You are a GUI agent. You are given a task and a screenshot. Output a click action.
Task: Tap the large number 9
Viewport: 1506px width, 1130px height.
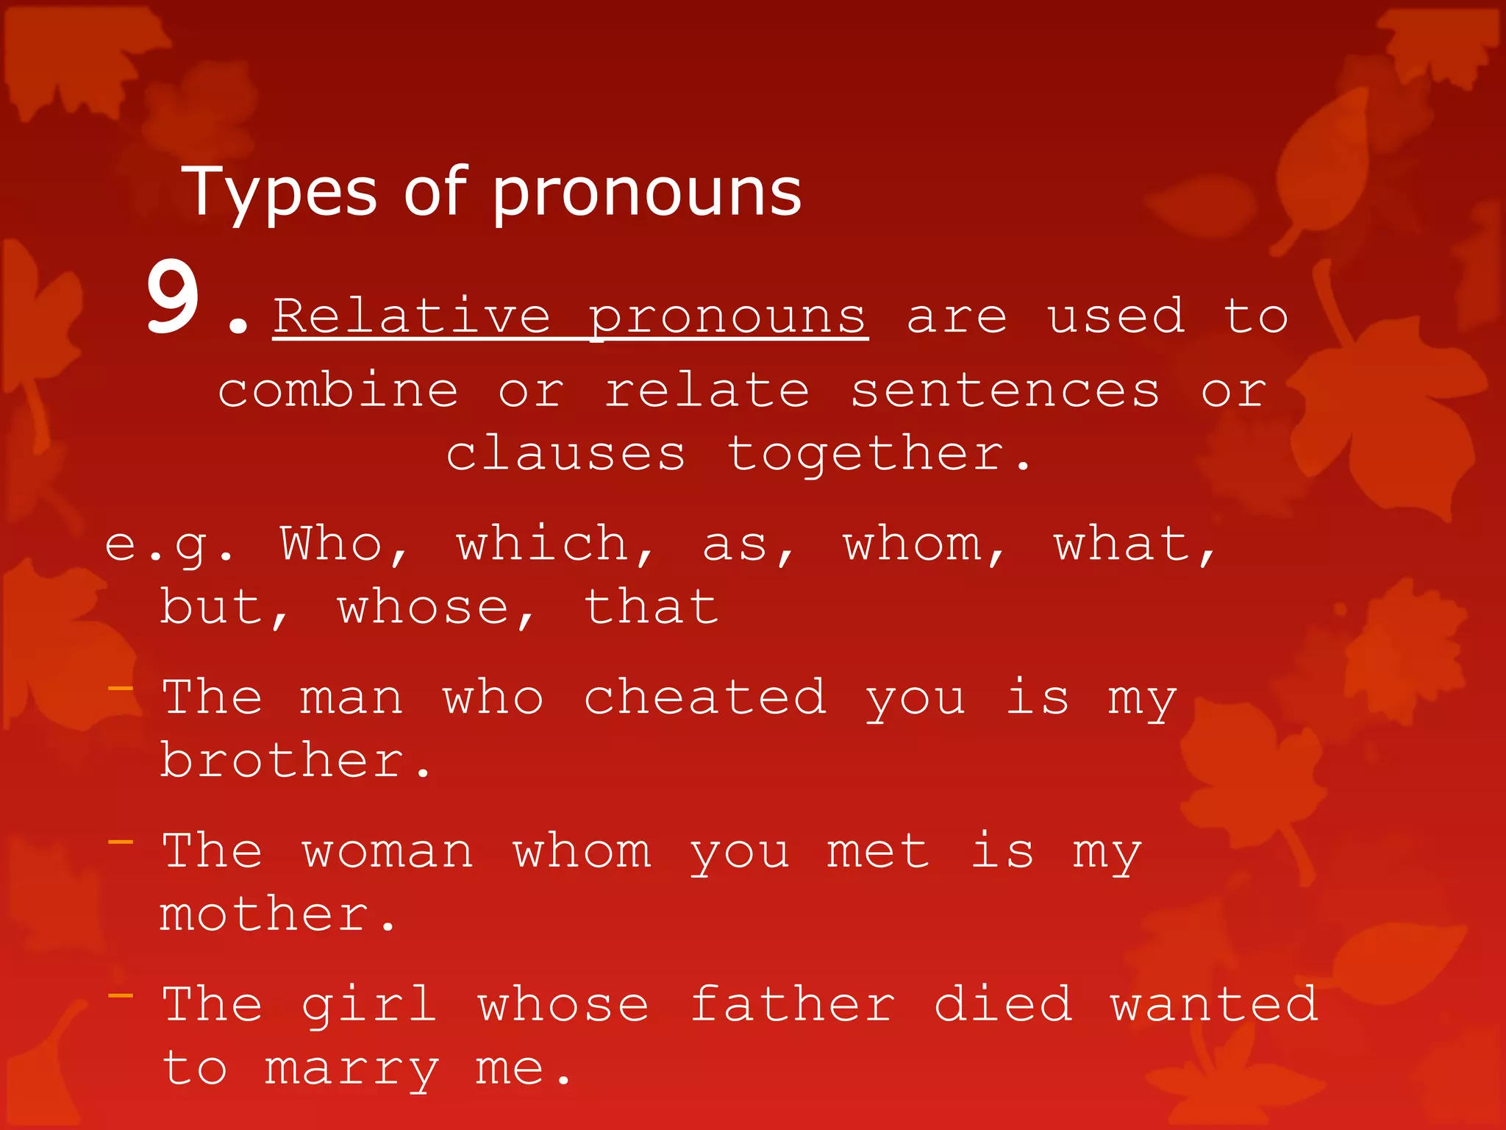click(173, 298)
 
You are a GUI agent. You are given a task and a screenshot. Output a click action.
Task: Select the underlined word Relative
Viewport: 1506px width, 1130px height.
click(412, 316)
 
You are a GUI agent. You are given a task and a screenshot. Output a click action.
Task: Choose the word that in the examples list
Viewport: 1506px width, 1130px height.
click(651, 608)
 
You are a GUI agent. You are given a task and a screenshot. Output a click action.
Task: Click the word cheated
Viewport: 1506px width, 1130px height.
click(704, 697)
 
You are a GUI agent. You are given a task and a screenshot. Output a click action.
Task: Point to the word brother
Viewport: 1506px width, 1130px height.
click(282, 760)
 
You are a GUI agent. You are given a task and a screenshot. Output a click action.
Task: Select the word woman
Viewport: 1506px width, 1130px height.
click(388, 851)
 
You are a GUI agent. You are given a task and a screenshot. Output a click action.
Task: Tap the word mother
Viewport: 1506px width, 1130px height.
click(265, 914)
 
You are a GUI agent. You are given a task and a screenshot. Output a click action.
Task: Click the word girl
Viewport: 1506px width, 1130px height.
click(369, 1006)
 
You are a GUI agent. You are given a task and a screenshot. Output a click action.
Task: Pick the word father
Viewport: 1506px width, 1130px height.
click(793, 1004)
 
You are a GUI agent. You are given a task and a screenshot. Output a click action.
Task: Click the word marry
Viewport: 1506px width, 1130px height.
click(351, 1069)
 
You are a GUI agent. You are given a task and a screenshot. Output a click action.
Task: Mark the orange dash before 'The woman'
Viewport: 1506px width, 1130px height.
click(121, 842)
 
